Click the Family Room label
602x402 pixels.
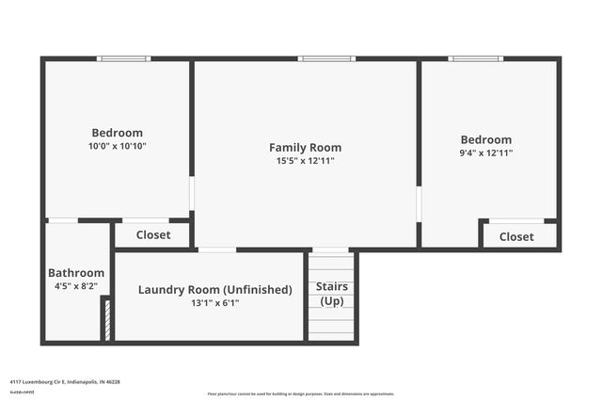[305, 147]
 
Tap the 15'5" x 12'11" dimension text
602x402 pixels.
[305, 161]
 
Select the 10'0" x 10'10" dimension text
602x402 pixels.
[117, 146]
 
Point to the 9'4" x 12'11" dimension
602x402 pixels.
[485, 153]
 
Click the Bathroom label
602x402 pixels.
[76, 273]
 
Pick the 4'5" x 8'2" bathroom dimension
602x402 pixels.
[76, 286]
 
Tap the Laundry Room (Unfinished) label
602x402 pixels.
[215, 290]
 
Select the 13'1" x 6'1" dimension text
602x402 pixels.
[215, 303]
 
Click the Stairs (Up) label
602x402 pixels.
[332, 294]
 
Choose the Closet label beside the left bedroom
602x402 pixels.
[153, 235]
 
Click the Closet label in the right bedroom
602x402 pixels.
[516, 237]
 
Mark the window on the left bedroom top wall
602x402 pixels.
[123, 59]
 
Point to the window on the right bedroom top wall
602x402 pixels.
[475, 59]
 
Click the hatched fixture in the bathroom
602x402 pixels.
[106, 319]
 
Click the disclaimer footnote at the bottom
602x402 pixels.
[300, 394]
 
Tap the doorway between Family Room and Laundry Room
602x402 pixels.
[217, 249]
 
